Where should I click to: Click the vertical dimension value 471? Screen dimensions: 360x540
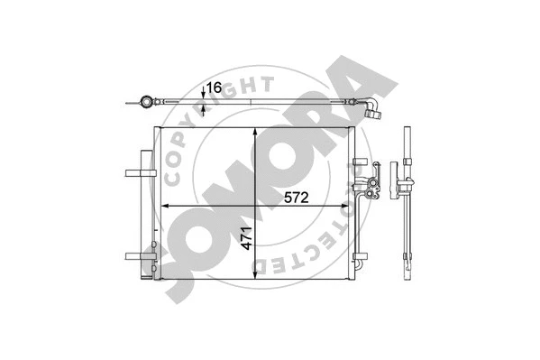(246, 238)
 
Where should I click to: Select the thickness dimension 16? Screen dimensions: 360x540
(214, 88)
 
